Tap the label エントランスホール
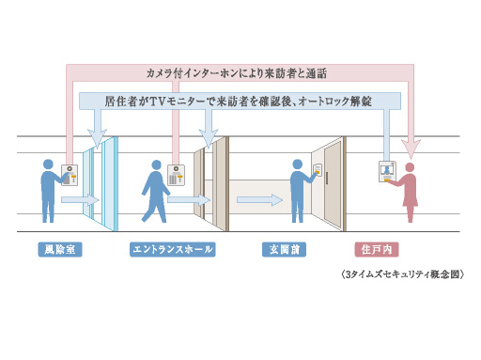point(172,250)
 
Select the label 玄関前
point(282,250)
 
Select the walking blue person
point(154,191)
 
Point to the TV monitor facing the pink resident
point(386,170)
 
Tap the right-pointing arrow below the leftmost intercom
point(79,199)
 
